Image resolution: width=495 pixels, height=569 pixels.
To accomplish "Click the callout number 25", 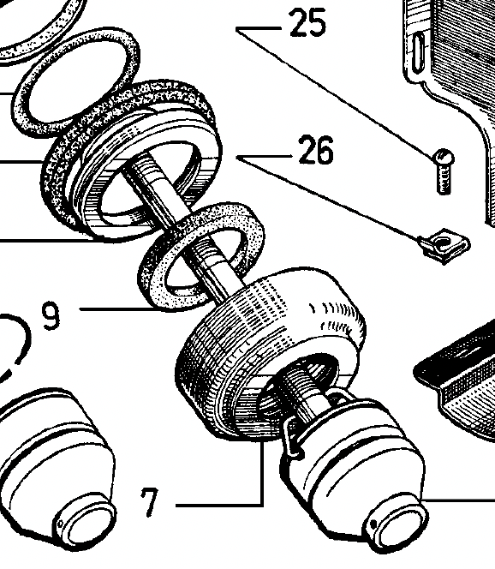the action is (307, 23).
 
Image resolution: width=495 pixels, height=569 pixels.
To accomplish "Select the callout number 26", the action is (315, 149).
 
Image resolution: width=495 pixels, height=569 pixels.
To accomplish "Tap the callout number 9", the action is (51, 316).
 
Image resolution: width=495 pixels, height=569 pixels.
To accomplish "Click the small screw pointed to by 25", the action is (443, 171).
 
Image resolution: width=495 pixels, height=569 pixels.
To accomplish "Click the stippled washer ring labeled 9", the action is (201, 257).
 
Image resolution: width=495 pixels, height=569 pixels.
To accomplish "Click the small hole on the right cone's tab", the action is (373, 524).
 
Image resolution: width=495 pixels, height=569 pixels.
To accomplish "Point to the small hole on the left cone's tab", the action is (60, 524).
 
